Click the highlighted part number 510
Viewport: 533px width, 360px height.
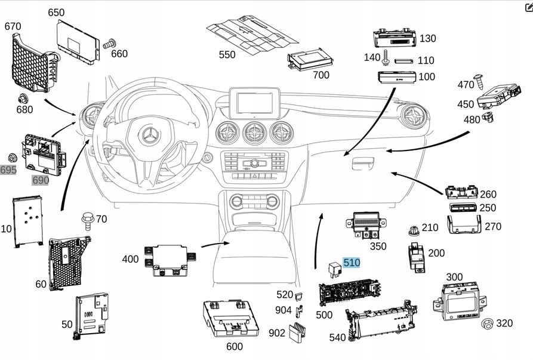pyautogui.click(x=352, y=262)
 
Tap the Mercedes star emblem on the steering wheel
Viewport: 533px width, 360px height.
pyautogui.click(x=147, y=136)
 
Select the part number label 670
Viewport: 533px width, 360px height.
pyautogui.click(x=13, y=26)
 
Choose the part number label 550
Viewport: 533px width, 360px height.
pyautogui.click(x=227, y=55)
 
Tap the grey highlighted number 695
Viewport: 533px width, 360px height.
pyautogui.click(x=8, y=170)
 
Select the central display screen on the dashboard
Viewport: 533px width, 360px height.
pyautogui.click(x=255, y=103)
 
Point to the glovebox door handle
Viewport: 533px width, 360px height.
pyautogui.click(x=363, y=163)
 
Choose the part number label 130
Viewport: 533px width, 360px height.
pyautogui.click(x=427, y=39)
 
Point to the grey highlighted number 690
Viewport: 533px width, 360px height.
pyautogui.click(x=41, y=180)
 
